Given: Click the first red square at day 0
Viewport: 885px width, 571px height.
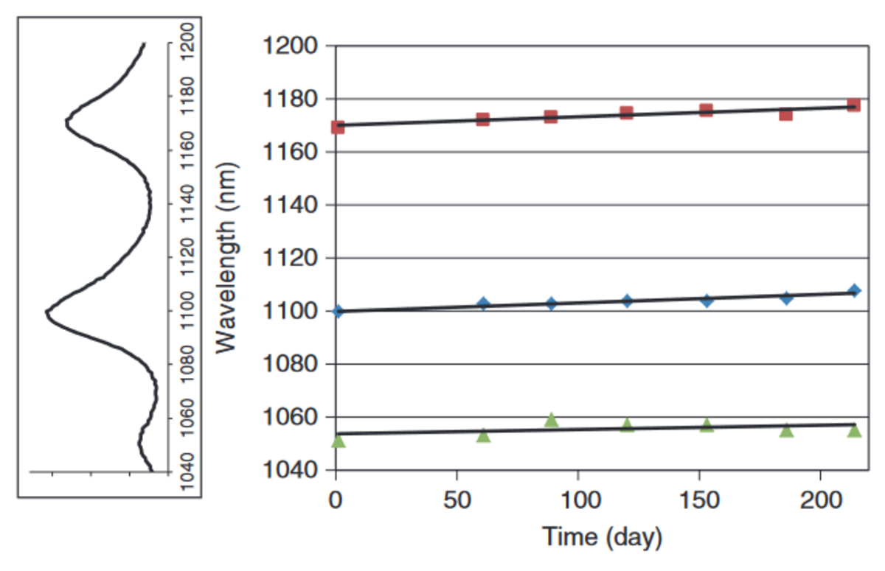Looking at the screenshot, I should (338, 127).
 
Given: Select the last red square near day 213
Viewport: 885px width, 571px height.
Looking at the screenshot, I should (853, 105).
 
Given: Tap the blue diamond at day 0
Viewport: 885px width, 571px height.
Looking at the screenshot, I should (338, 311).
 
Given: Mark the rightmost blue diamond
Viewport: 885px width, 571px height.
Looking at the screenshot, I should (854, 291).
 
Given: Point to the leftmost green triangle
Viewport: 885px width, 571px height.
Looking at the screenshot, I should (338, 441).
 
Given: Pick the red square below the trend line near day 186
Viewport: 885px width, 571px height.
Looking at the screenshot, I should (785, 114).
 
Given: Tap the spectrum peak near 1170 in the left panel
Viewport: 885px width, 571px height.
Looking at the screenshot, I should (66, 122).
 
